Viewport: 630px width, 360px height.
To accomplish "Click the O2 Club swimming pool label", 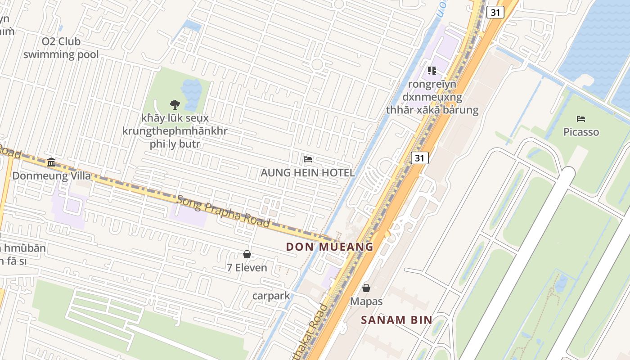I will pyautogui.click(x=61, y=48).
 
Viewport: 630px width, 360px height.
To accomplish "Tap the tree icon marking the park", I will pyautogui.click(x=175, y=105).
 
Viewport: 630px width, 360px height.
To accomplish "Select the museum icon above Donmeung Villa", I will pyautogui.click(x=51, y=162).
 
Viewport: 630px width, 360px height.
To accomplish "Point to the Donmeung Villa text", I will pyautogui.click(x=51, y=175).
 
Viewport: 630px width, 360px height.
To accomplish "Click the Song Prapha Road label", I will pyautogui.click(x=223, y=211).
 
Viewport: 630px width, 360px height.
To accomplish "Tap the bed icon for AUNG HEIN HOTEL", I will pyautogui.click(x=308, y=159).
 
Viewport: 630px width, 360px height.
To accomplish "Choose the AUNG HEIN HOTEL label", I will pyautogui.click(x=308, y=173).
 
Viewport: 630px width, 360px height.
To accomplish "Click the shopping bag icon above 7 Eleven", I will pyautogui.click(x=247, y=254).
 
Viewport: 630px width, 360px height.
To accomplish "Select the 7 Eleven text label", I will pyautogui.click(x=247, y=268).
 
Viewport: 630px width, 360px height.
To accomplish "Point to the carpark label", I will pyautogui.click(x=271, y=296).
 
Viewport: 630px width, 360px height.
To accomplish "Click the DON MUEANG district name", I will pyautogui.click(x=330, y=247).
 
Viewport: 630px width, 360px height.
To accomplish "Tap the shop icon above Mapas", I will pyautogui.click(x=366, y=288).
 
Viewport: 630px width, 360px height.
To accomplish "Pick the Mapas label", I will pyautogui.click(x=366, y=301).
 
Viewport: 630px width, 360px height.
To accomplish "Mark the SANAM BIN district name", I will pyautogui.click(x=396, y=320).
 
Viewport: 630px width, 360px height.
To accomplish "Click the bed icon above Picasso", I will pyautogui.click(x=581, y=119).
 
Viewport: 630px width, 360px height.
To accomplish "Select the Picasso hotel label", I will pyautogui.click(x=581, y=132).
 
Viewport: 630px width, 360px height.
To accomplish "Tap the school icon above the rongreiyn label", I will pyautogui.click(x=432, y=70).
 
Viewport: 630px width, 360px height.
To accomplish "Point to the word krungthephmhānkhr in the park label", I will pyautogui.click(x=175, y=131).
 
